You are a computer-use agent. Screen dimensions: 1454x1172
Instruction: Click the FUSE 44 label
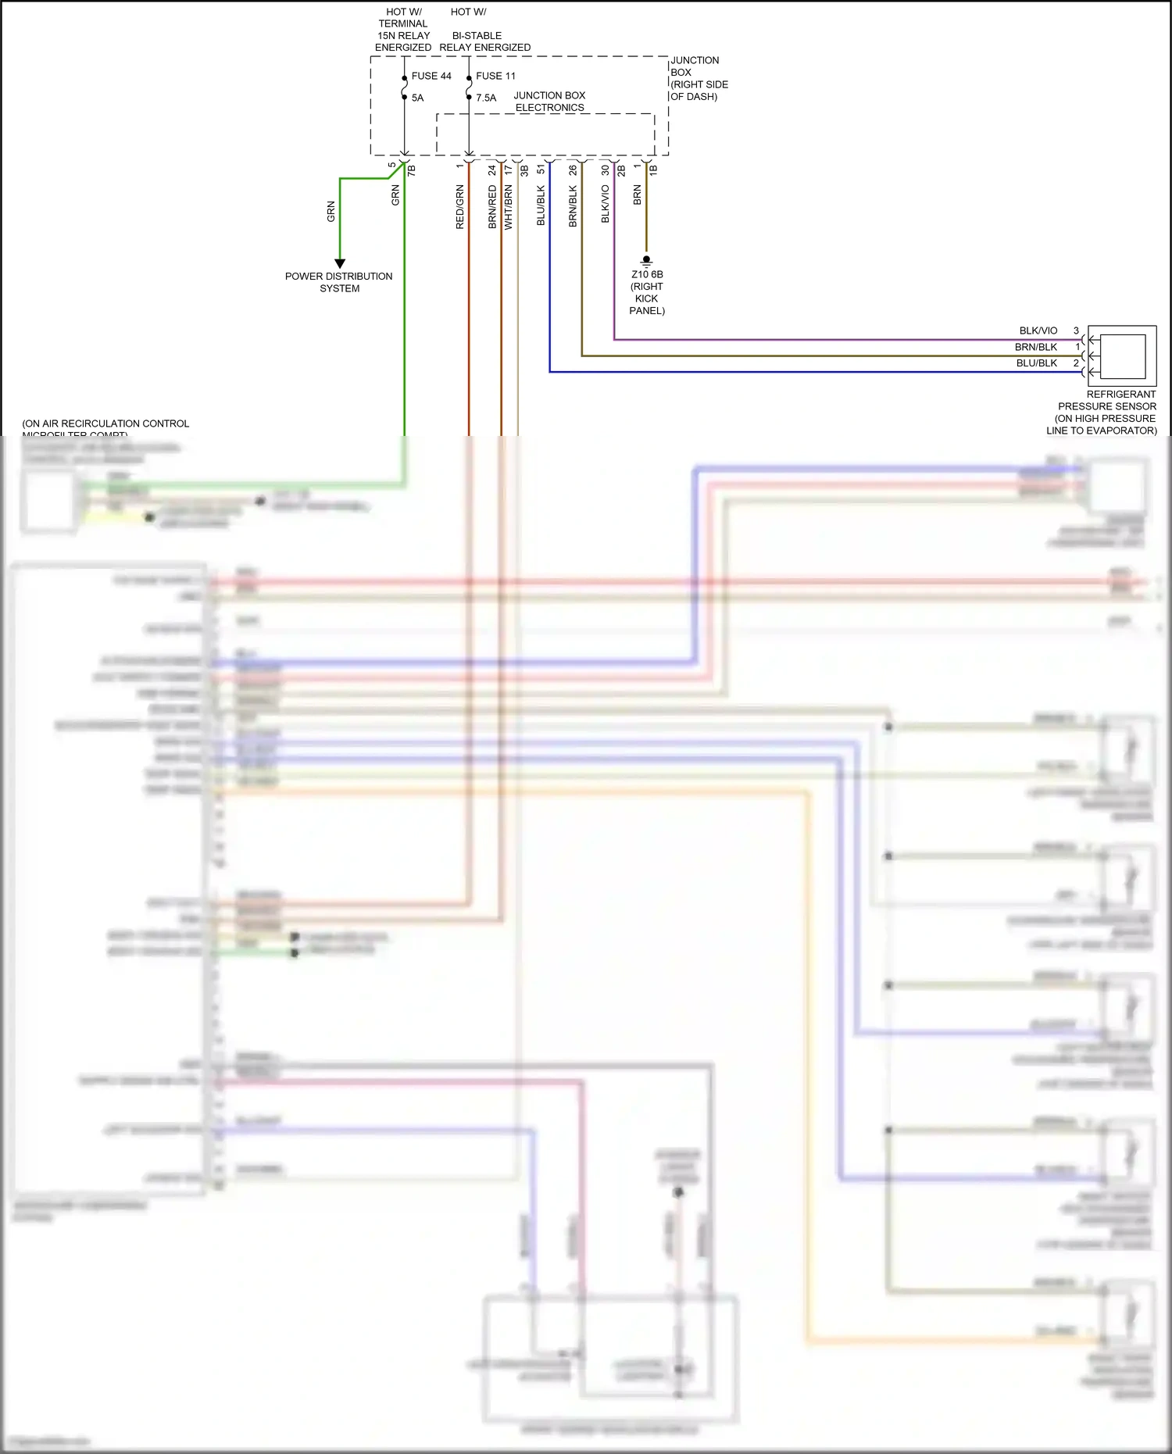click(431, 76)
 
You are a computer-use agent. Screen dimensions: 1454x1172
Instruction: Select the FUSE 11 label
click(495, 76)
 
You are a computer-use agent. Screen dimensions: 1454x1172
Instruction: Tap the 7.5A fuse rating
click(486, 98)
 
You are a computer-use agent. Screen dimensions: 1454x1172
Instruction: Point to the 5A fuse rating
click(417, 98)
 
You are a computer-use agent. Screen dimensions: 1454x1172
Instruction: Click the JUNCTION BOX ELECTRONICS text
click(549, 102)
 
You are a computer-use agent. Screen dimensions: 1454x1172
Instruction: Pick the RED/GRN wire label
click(459, 207)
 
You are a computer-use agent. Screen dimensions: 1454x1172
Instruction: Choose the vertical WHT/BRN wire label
click(508, 207)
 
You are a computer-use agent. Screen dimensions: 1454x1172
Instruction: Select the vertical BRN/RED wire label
click(492, 207)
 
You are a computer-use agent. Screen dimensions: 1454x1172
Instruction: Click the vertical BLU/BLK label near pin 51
click(541, 205)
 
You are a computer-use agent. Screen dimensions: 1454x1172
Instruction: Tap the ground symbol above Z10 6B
click(646, 260)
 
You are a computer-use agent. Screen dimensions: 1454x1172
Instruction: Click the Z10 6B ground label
click(647, 274)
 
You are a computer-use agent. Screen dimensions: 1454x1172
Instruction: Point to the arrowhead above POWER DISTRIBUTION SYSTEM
click(340, 263)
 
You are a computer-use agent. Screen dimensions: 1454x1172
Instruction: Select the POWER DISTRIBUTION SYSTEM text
click(339, 282)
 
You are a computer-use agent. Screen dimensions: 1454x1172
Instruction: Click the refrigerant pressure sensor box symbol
click(1122, 355)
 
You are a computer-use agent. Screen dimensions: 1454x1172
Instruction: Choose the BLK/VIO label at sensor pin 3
click(1038, 330)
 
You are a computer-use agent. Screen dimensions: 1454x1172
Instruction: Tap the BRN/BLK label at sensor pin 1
click(1036, 347)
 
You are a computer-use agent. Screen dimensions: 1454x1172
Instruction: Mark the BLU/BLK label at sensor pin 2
click(1036, 363)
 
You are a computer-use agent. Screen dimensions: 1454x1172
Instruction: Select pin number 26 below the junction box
click(573, 170)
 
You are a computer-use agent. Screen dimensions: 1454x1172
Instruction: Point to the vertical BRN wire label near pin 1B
click(637, 195)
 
